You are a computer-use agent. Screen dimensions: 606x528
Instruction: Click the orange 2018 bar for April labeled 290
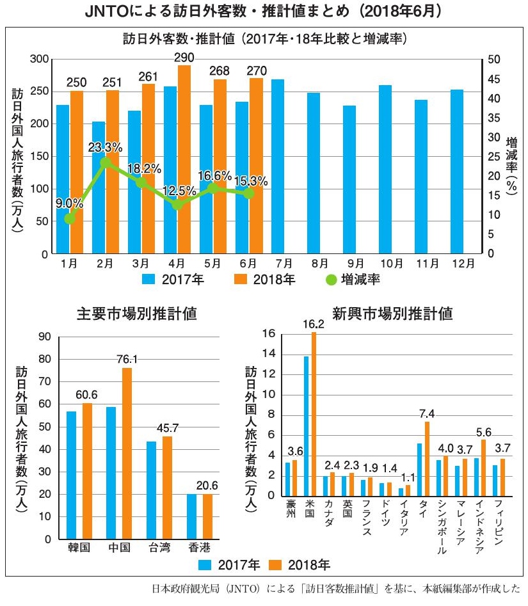tap(184, 160)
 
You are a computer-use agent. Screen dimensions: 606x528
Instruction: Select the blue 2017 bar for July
tap(278, 166)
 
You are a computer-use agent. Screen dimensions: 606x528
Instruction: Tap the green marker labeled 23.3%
tap(106, 163)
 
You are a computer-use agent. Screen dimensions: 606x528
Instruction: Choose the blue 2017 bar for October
tap(385, 170)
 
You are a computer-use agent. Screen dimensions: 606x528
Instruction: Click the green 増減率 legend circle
tap(330, 280)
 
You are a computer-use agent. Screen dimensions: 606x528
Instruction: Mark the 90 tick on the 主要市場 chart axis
tap(45, 337)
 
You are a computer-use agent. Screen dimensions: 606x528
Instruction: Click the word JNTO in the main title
tap(105, 12)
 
